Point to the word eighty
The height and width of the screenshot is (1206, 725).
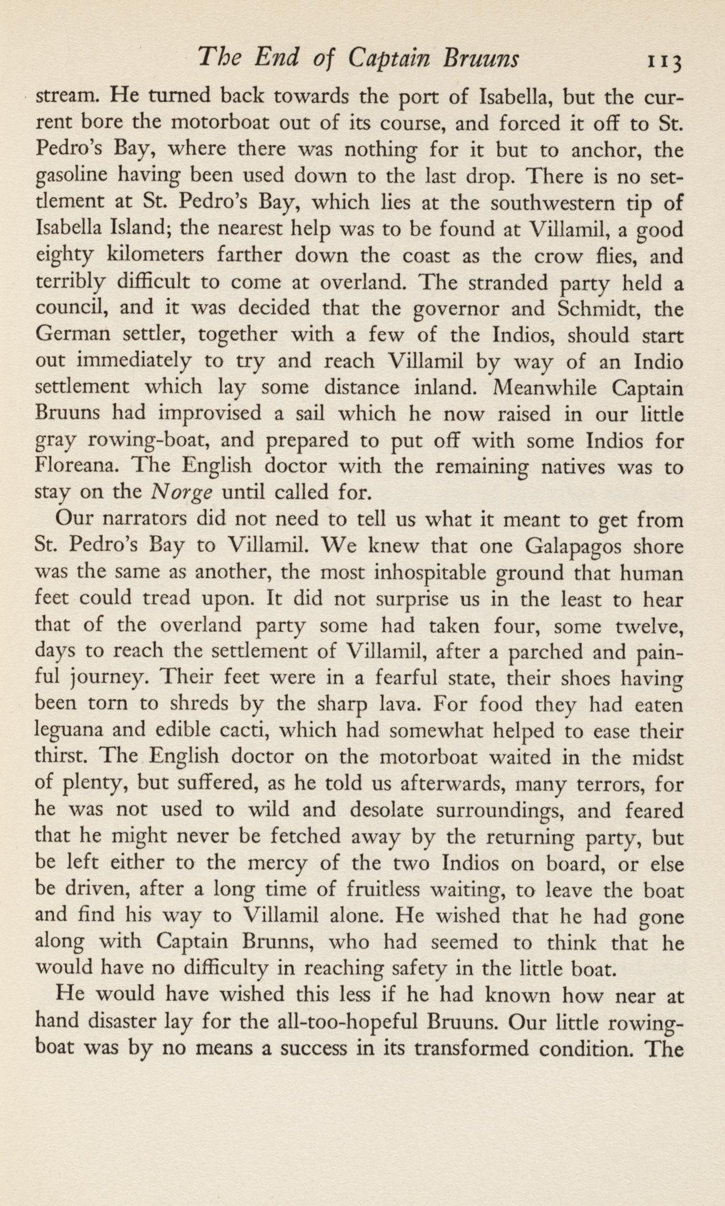tap(65, 257)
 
